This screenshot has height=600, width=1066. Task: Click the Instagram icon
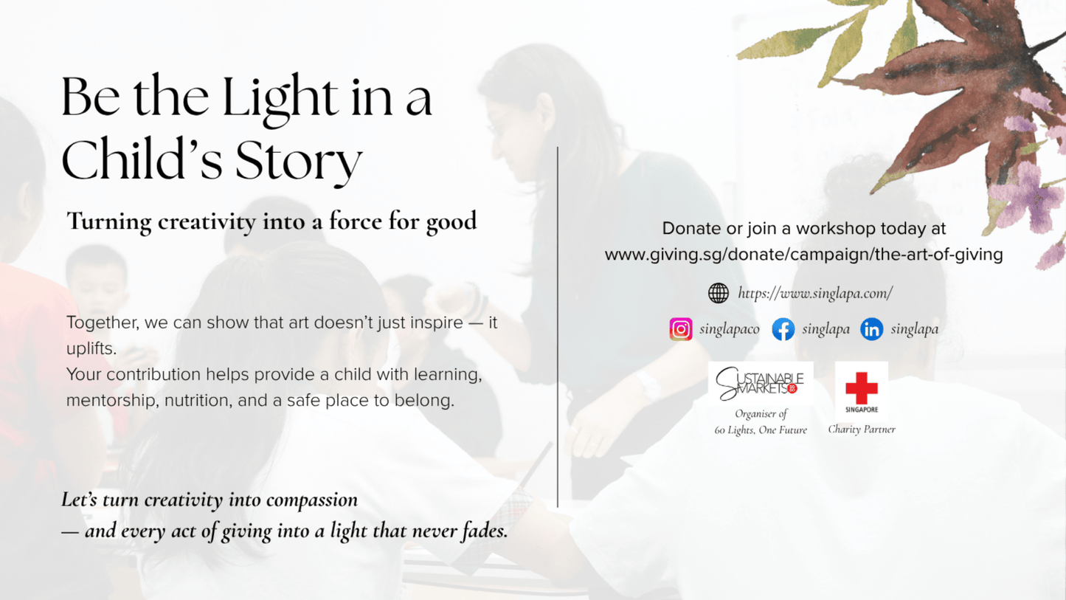pos(680,329)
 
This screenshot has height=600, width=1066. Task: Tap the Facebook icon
pos(783,329)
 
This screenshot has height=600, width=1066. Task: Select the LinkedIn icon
pos(871,329)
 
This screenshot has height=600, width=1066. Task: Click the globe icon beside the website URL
pos(718,293)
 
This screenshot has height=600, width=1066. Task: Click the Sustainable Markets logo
pos(761,383)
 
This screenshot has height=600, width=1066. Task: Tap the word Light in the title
pos(280,99)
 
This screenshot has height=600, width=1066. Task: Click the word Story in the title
pos(299,162)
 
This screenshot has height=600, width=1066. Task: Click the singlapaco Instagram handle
pos(729,329)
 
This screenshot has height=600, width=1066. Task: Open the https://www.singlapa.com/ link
pos(815,293)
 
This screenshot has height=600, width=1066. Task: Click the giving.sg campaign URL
pos(804,255)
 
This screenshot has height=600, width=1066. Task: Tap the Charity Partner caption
pos(862,429)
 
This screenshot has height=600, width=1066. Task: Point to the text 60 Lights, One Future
pos(761,430)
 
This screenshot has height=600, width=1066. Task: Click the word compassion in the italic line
pos(312,500)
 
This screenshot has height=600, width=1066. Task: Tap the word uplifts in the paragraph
pos(91,348)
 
